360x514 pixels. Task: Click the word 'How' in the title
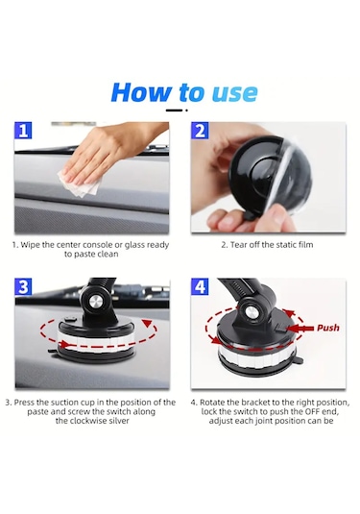(x=141, y=92)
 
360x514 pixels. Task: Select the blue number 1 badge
(x=23, y=130)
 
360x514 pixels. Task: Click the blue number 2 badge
(x=200, y=130)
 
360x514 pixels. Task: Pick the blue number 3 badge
(x=23, y=286)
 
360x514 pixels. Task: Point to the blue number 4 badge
(x=200, y=286)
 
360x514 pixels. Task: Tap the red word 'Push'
(x=328, y=328)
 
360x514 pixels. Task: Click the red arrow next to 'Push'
(x=300, y=329)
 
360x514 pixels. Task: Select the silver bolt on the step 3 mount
(x=96, y=300)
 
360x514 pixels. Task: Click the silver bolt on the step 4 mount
(x=252, y=311)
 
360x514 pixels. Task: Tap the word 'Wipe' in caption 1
(x=30, y=245)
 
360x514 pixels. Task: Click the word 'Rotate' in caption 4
(x=211, y=403)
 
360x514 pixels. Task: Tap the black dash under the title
(x=174, y=110)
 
